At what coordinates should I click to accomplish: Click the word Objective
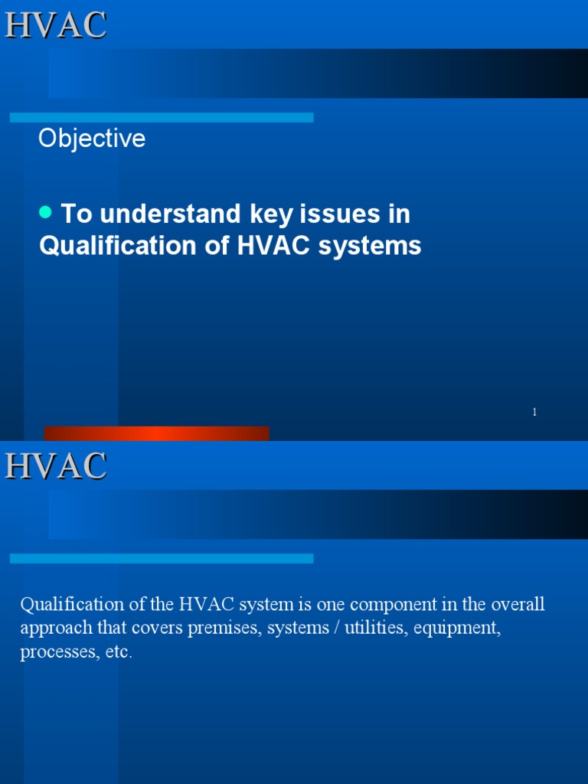click(92, 139)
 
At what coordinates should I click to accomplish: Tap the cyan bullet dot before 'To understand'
click(45, 211)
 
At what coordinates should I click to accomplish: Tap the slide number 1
click(534, 412)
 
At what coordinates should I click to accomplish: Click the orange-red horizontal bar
click(156, 433)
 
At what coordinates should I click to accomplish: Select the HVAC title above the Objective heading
click(56, 24)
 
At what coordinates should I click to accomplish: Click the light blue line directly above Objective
click(161, 117)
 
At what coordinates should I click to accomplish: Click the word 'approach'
click(54, 629)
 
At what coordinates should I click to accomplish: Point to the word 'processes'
click(53, 653)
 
